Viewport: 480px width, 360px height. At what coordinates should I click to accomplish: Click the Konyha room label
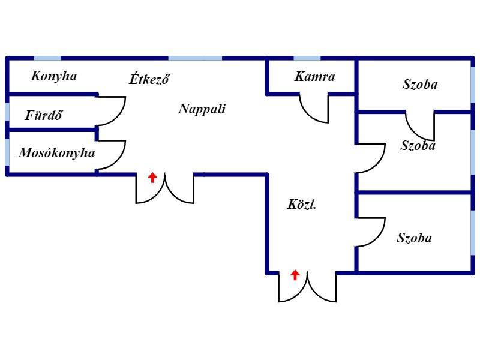tap(54, 76)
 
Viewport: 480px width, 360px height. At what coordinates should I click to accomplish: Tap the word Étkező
tap(149, 79)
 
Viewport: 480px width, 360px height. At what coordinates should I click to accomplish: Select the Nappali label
tap(202, 109)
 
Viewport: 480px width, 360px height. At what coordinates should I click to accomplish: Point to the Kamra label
tap(314, 77)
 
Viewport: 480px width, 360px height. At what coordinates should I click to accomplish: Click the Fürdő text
tap(44, 115)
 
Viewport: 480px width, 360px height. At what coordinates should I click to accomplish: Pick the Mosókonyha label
tap(57, 153)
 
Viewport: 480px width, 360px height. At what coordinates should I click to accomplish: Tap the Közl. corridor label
tap(302, 204)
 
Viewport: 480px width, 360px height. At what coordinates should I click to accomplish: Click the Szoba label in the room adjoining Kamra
tap(420, 85)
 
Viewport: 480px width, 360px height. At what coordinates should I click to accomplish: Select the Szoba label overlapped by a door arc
tap(418, 146)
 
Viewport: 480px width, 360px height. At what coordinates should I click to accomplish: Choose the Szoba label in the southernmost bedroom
tap(415, 238)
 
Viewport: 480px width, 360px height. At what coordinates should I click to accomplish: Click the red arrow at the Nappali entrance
tap(152, 178)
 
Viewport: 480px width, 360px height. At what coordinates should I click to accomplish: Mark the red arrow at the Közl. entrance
tap(295, 275)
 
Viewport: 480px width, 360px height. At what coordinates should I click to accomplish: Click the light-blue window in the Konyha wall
tap(47, 58)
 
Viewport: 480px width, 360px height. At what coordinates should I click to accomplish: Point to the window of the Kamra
tap(307, 58)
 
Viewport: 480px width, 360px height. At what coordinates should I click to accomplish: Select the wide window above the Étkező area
tap(196, 58)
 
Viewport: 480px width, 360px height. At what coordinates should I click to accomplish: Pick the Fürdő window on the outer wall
tap(7, 112)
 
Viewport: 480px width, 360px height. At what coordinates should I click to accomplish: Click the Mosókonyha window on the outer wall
tap(7, 152)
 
